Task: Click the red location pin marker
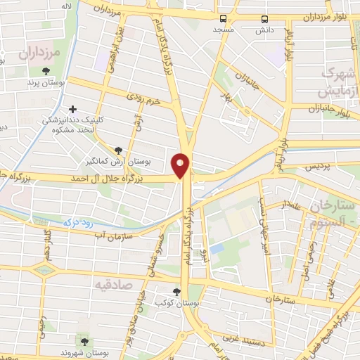181,165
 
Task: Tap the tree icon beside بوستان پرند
46,71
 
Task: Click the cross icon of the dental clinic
72,109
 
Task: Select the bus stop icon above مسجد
222,19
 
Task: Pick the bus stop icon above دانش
264,19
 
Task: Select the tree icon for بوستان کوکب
176,292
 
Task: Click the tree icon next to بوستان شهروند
86,341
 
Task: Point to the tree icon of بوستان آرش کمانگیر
118,150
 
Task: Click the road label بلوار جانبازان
330,109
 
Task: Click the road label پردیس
321,167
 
